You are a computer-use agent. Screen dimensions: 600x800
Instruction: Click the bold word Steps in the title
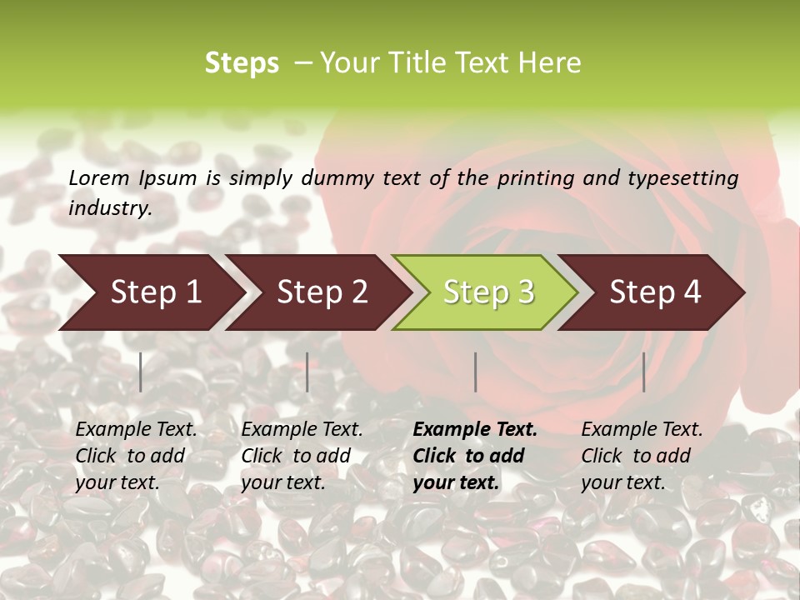(x=242, y=63)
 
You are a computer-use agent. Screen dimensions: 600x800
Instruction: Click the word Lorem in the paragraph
(x=99, y=177)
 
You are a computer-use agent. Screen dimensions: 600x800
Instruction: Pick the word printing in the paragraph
(x=536, y=177)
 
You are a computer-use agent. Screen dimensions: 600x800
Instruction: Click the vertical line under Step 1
(x=141, y=372)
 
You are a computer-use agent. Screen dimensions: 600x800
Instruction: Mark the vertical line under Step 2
(x=307, y=372)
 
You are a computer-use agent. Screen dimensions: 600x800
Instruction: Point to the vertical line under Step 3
(x=476, y=372)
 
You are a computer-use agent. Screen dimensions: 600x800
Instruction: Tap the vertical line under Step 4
(x=644, y=372)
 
